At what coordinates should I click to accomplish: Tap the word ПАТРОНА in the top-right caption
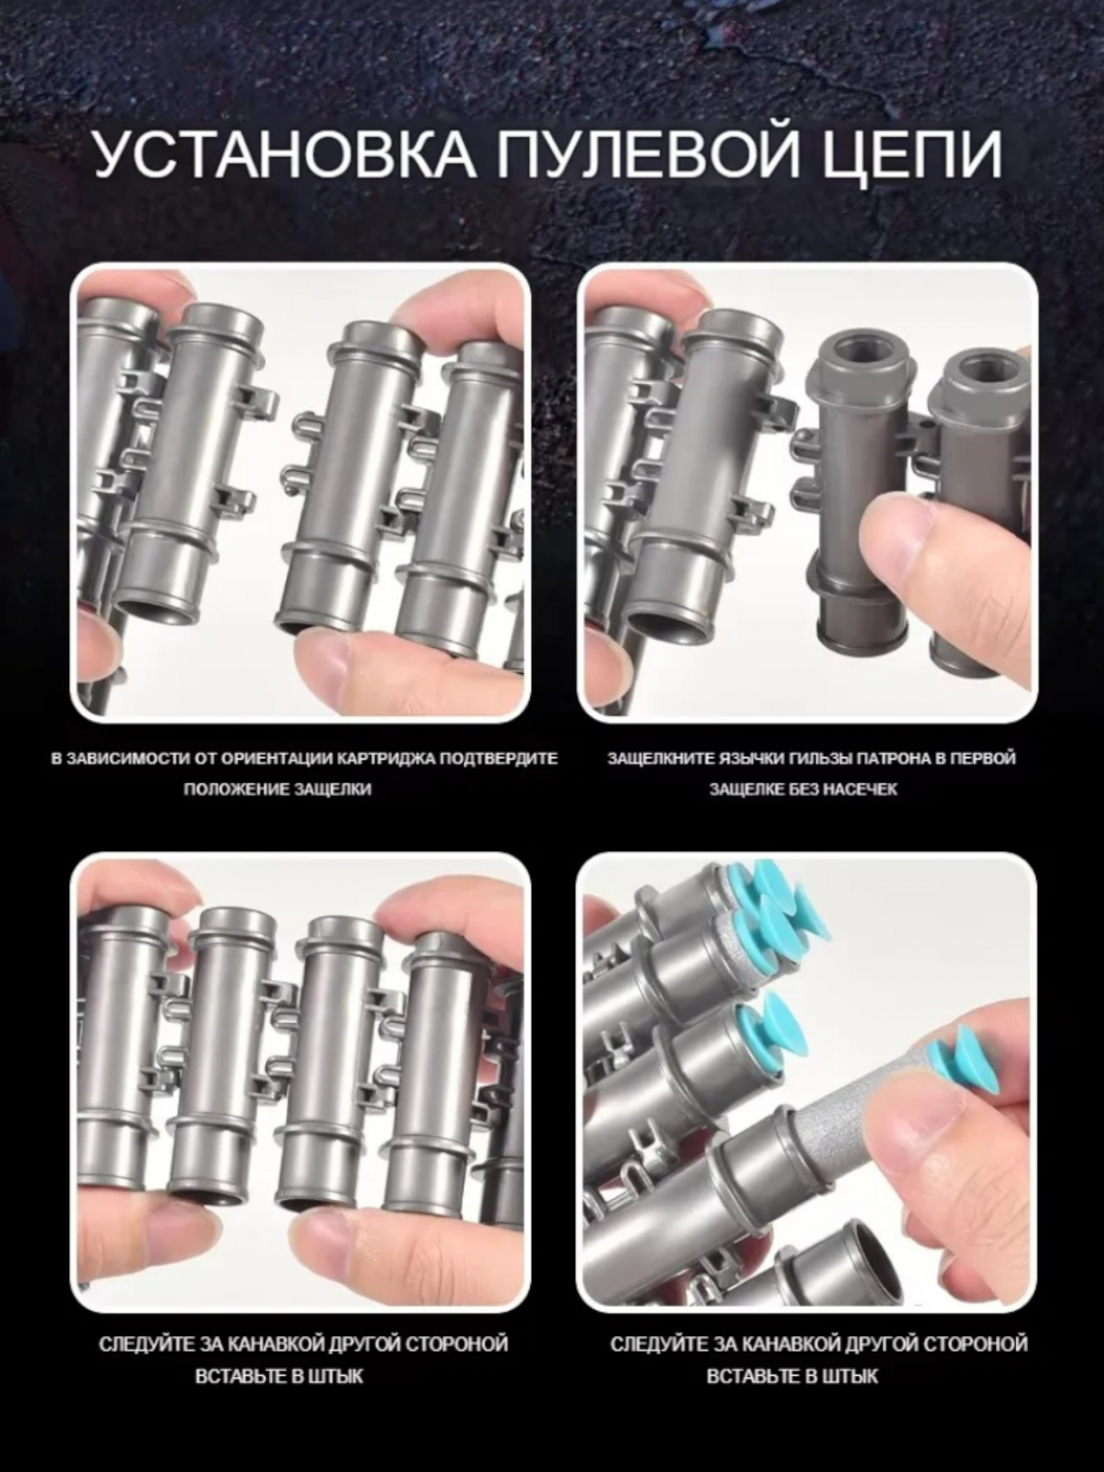tap(886, 758)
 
